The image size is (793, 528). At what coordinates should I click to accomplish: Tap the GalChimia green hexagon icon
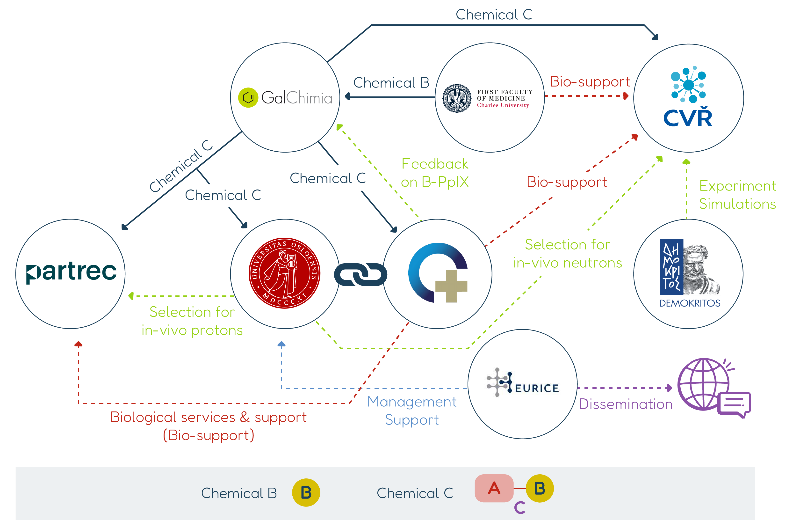point(248,98)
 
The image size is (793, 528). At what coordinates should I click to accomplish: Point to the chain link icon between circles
point(360,274)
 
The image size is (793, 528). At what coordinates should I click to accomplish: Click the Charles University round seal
point(457,98)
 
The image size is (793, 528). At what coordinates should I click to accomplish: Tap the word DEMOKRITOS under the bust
point(689,303)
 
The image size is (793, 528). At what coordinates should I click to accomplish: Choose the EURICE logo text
point(537,388)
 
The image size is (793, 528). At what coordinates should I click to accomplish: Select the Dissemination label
point(625,404)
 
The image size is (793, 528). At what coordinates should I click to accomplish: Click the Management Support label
point(412,411)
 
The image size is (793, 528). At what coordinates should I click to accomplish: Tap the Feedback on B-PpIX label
point(434,173)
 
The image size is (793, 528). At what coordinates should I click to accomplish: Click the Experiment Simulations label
point(737,195)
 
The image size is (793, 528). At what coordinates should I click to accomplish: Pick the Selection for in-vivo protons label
point(192,321)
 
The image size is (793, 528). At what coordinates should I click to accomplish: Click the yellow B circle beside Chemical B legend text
point(305,493)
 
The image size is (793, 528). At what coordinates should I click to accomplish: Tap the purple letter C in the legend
point(519,507)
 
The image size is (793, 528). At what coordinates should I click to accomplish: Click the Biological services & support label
point(208,426)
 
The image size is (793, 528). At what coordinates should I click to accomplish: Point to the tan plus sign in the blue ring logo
point(451,286)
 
